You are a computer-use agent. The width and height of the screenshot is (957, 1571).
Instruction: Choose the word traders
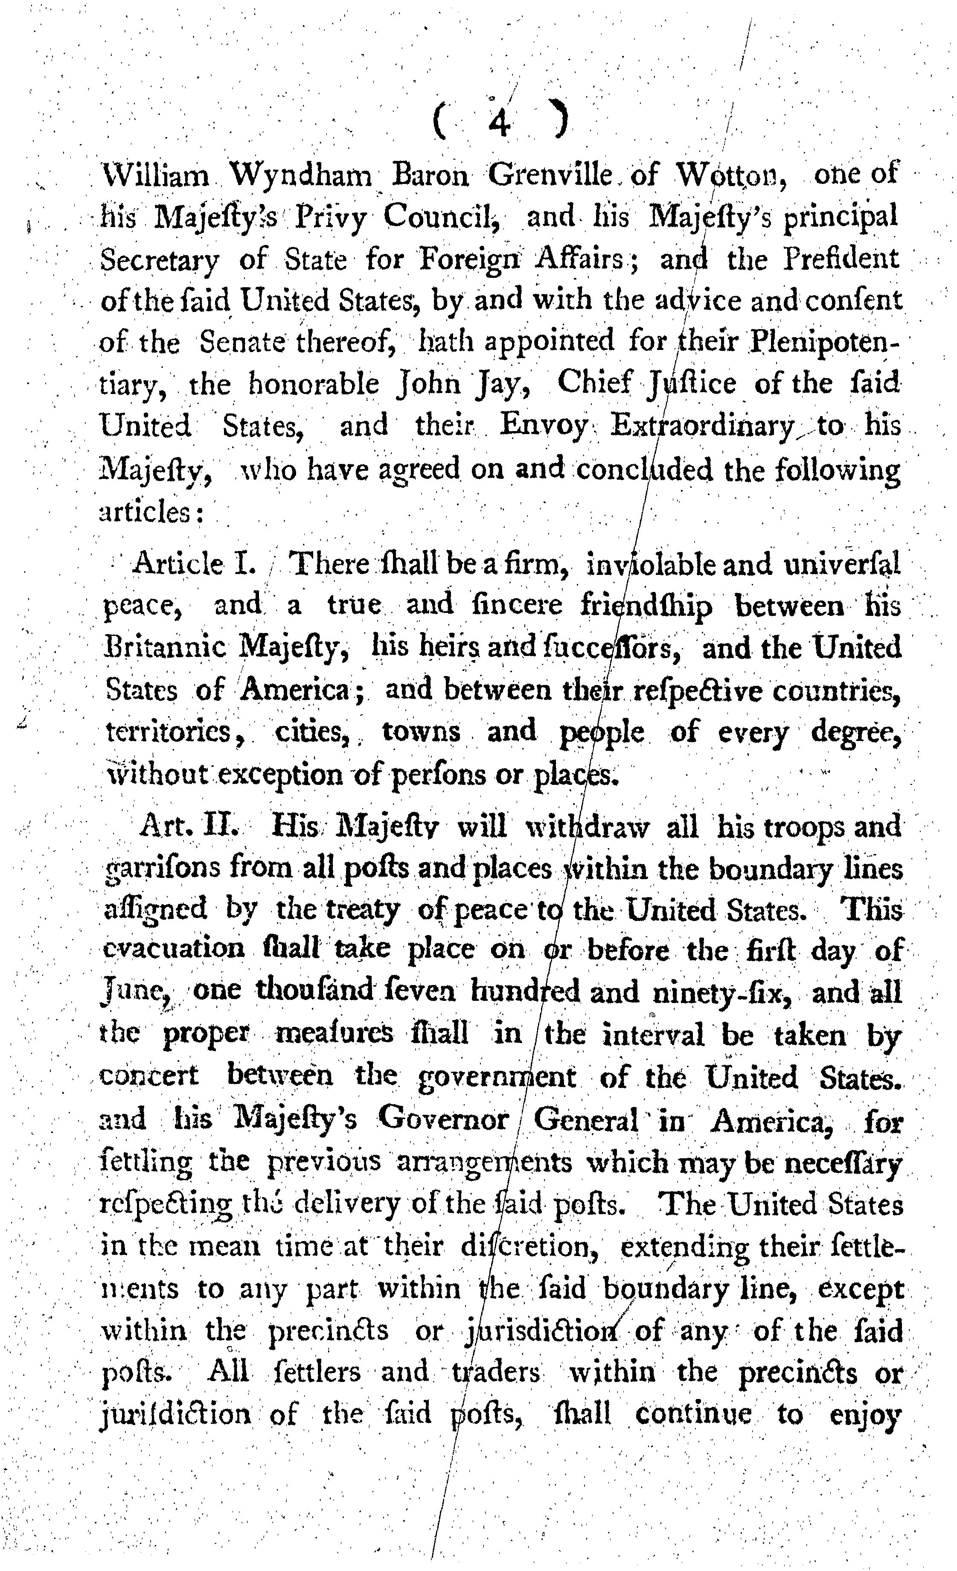click(495, 1371)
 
